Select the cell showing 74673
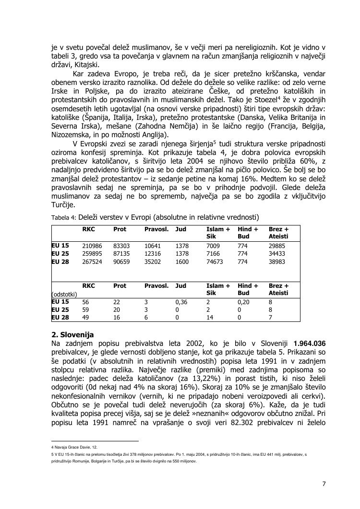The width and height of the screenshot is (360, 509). [216, 262]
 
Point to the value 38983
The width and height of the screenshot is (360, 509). [277, 262]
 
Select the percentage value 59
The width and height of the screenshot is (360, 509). [86, 310]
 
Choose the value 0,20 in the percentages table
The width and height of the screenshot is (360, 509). [243, 302]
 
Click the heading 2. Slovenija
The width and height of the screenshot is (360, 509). [72, 334]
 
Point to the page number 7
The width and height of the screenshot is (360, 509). [324, 484]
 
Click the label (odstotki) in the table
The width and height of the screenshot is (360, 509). [64, 294]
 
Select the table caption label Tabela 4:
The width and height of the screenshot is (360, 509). [64, 218]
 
